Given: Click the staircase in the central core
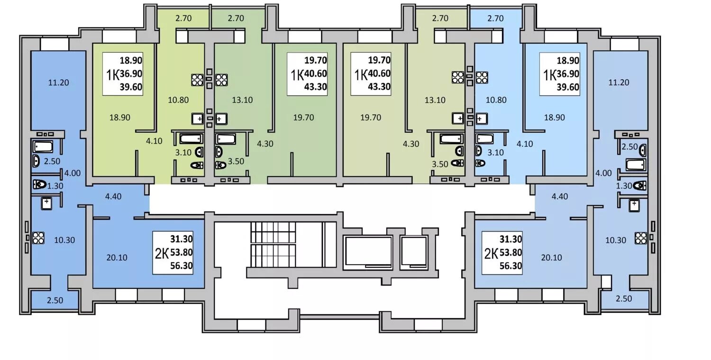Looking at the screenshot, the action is pyautogui.click(x=273, y=245).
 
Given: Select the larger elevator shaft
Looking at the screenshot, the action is pyautogui.click(x=368, y=252).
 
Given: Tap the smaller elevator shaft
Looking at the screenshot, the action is pyautogui.click(x=414, y=252).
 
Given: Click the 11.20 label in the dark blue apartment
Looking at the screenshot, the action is pyautogui.click(x=58, y=83).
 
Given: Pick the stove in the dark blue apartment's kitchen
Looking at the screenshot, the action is pyautogui.click(x=38, y=238).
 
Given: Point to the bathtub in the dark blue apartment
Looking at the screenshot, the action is pyautogui.click(x=43, y=147).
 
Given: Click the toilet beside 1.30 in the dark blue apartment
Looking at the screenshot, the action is pyautogui.click(x=40, y=185).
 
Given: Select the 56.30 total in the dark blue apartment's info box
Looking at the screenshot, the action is pyautogui.click(x=182, y=266).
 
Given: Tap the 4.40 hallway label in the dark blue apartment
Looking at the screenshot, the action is pyautogui.click(x=113, y=196).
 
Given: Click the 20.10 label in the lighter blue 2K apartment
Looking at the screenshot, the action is pyautogui.click(x=551, y=258).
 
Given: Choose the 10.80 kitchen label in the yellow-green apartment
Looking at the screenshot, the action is pyautogui.click(x=178, y=100).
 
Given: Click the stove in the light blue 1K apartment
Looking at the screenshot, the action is pyautogui.click(x=482, y=77).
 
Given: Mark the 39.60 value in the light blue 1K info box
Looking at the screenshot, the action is pyautogui.click(x=568, y=87).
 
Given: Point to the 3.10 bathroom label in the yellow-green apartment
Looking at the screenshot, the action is pyautogui.click(x=183, y=153).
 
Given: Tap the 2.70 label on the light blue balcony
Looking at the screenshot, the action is pyautogui.click(x=495, y=18).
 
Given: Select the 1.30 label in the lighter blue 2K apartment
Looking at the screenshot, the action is pyautogui.click(x=624, y=186).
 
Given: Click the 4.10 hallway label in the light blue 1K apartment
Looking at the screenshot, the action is pyautogui.click(x=524, y=144).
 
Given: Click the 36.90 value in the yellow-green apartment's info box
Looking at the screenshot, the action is pyautogui.click(x=131, y=74).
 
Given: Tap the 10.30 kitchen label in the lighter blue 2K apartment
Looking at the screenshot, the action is pyautogui.click(x=615, y=240).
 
